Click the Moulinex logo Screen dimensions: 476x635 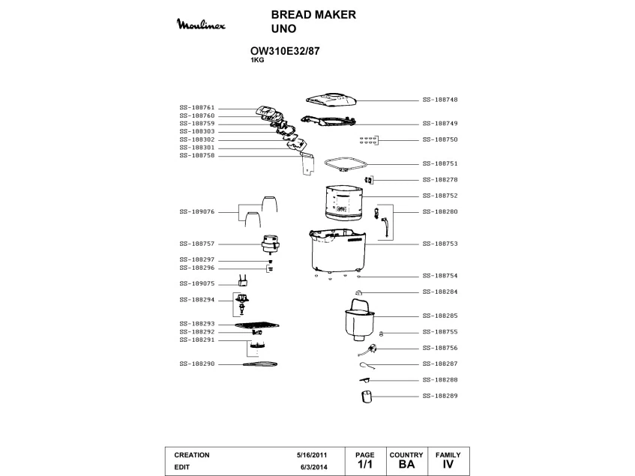pos(205,27)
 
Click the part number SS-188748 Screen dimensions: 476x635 pos(440,100)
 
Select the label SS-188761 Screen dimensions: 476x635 pos(197,108)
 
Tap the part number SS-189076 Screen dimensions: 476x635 pos(197,212)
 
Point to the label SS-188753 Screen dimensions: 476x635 pos(440,244)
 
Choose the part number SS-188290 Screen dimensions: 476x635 pos(197,364)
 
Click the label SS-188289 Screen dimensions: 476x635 pos(440,395)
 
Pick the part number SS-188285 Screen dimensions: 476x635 pos(440,316)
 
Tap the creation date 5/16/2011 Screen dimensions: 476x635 pos(312,455)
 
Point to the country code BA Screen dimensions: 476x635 pos(406,465)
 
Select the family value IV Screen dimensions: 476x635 pos(448,465)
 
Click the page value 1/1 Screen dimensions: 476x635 pos(364,465)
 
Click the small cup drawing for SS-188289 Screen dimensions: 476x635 pos(366,396)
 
